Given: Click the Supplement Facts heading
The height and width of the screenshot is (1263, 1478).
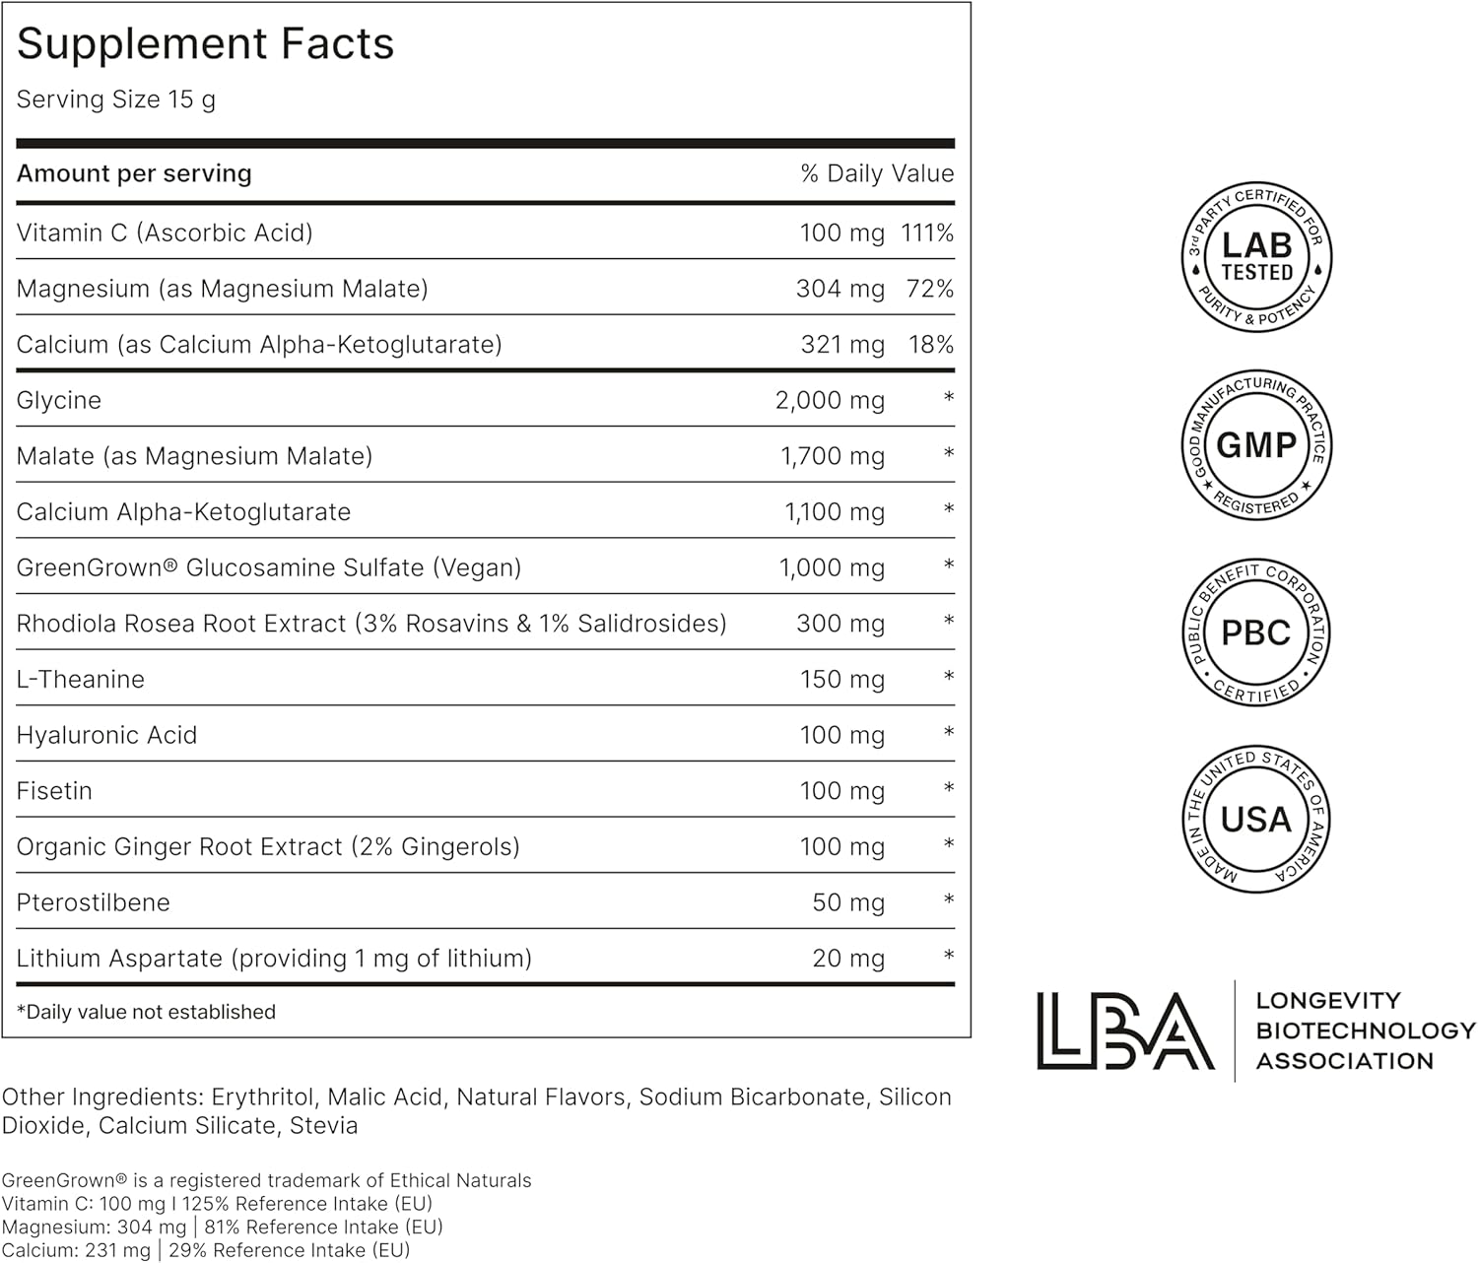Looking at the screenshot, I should pos(205,44).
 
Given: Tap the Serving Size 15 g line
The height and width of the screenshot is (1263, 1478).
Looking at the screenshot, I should pos(116,100).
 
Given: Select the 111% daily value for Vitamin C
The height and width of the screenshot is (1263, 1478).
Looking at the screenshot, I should pos(926,233).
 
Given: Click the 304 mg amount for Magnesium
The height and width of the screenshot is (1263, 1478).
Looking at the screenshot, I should pos(840,290).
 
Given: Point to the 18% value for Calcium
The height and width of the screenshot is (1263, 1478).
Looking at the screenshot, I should pos(930,345).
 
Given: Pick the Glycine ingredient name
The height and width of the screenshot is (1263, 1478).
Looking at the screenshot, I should pos(59,401).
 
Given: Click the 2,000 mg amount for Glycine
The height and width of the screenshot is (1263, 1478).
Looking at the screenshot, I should pos(830,401).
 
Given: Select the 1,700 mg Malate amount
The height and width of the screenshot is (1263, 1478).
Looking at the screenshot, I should pos(832,457).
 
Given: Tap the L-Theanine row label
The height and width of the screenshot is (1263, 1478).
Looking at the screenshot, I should pos(81,680).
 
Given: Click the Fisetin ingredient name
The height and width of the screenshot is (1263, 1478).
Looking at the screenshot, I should pos(54,791).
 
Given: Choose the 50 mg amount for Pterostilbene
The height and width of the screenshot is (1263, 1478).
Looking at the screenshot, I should pos(847,903).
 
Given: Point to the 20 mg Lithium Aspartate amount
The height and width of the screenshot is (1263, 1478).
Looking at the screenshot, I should pos(847,959).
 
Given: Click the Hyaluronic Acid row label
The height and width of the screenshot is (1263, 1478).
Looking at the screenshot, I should pos(106,736).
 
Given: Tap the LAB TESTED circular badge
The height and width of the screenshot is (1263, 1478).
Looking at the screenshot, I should pos(1256,257).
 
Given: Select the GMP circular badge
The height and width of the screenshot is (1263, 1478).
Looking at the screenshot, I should pos(1256,445).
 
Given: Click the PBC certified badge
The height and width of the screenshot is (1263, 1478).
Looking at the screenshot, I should pos(1256,632).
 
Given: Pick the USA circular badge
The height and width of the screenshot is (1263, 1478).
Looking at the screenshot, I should pos(1256,820).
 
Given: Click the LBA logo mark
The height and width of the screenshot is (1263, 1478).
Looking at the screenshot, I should pos(1124,1030).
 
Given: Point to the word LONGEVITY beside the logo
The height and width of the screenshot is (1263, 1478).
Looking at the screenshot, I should pos(1327,1001).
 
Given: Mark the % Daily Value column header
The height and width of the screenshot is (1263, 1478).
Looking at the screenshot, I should pos(877,174).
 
